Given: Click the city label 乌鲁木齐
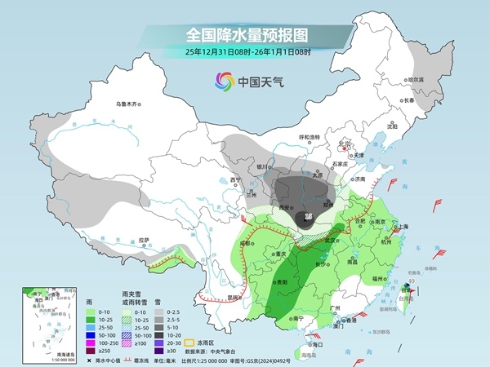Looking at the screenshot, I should coord(128,104).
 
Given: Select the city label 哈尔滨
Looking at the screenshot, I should coord(416,79).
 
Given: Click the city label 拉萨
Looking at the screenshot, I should coord(144,240).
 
